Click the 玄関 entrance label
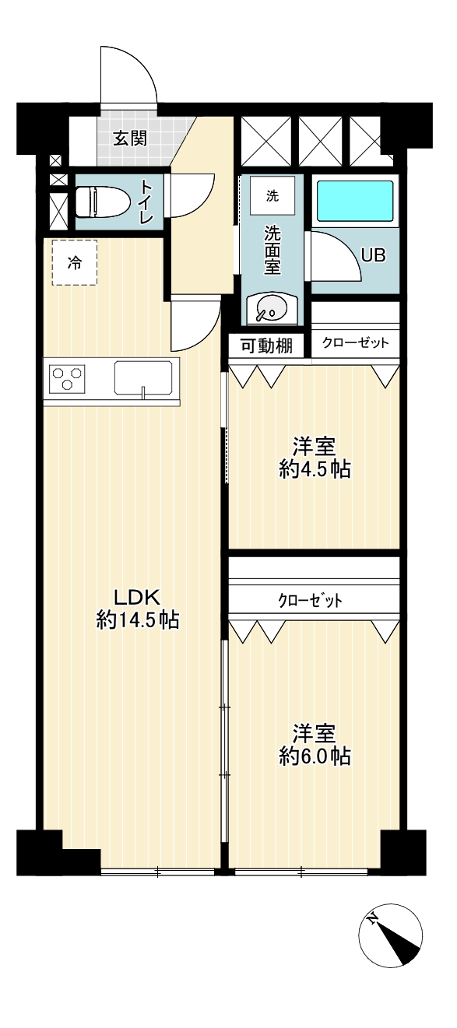[x=131, y=139]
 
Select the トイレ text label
[x=146, y=202]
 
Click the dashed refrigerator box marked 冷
[x=75, y=262]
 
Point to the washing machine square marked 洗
[x=272, y=195]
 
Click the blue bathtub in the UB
[x=355, y=201]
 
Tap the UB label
[x=373, y=255]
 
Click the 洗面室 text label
[x=272, y=251]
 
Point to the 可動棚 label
[x=267, y=346]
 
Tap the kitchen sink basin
[x=143, y=377]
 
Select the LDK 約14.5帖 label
[x=137, y=609]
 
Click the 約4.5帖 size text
[x=315, y=469]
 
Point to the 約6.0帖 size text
[x=315, y=756]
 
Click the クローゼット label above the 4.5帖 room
[x=356, y=343]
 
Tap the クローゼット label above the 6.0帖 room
[x=311, y=601]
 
